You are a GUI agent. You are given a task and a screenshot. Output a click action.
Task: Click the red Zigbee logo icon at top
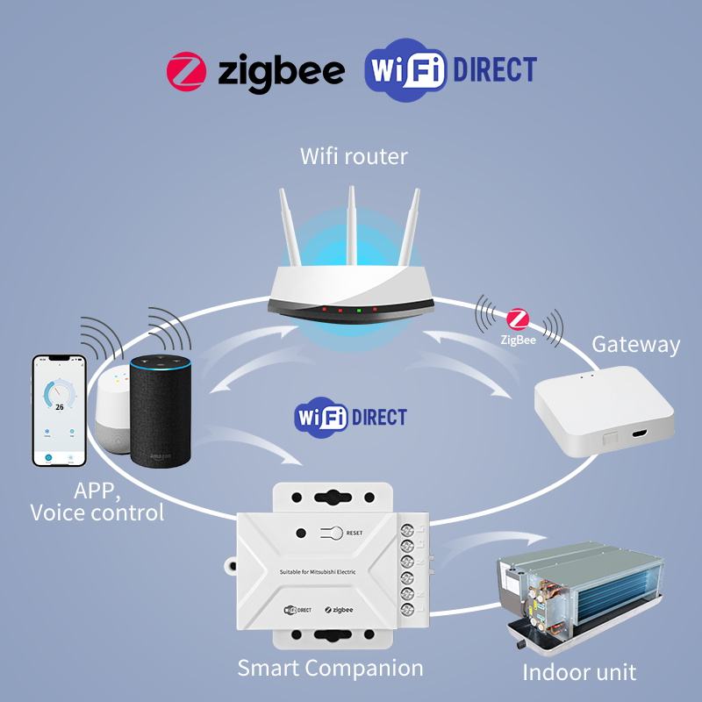coord(185,71)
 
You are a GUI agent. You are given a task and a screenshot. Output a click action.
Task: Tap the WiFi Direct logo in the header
coord(449,71)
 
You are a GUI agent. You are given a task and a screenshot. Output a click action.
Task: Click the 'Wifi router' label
coord(354,157)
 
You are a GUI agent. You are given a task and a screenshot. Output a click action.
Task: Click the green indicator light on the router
coord(358,310)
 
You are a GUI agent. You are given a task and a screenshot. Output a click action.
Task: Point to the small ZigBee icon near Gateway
coord(518,321)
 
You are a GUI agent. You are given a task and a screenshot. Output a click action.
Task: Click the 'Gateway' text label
coord(635,344)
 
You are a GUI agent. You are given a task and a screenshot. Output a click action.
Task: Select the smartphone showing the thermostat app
coord(60,411)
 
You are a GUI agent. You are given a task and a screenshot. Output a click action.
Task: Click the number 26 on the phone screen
coord(60,407)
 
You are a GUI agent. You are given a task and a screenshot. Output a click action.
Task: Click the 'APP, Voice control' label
coord(97,500)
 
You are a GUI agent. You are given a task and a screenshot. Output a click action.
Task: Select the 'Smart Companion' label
coord(330,668)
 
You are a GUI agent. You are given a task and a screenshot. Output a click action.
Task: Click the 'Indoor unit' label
coord(579,673)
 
